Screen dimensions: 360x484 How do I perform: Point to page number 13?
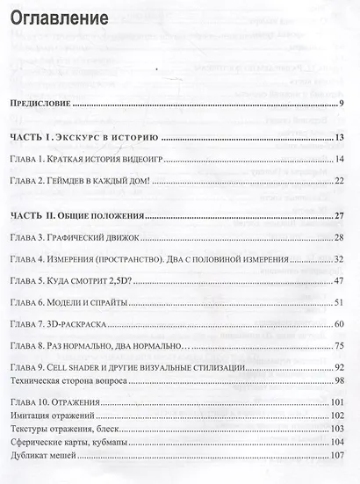point(337,139)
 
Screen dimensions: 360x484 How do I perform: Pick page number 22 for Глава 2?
point(337,181)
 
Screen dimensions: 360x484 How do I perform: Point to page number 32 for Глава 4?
point(337,260)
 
